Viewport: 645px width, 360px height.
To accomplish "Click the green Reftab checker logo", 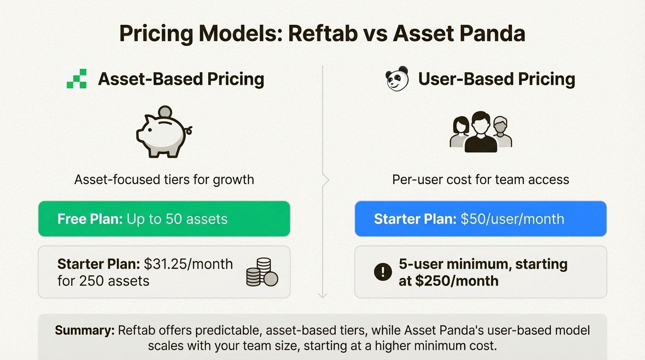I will pos(76,79).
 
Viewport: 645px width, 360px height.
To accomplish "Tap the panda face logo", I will pos(397,78).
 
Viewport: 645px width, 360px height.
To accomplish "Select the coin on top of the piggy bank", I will pos(165,112).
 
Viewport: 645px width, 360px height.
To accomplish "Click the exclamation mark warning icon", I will pos(383,272).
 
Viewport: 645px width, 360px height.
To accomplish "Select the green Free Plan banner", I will pos(164,219).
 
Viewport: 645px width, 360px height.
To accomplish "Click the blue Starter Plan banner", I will pos(480,219).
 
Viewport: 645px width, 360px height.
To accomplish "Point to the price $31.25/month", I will pos(188,264).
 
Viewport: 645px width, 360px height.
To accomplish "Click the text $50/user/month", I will pos(512,219).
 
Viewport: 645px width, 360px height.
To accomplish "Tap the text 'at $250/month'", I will pos(449,281).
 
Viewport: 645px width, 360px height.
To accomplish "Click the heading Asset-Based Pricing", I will pos(181,79).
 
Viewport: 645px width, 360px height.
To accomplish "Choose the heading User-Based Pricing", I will pos(496,79).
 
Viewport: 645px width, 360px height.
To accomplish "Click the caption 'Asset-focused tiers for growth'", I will pos(164,180).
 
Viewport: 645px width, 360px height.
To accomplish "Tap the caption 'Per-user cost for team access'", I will pos(480,180).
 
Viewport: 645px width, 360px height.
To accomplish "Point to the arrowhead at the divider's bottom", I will pos(322,295).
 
